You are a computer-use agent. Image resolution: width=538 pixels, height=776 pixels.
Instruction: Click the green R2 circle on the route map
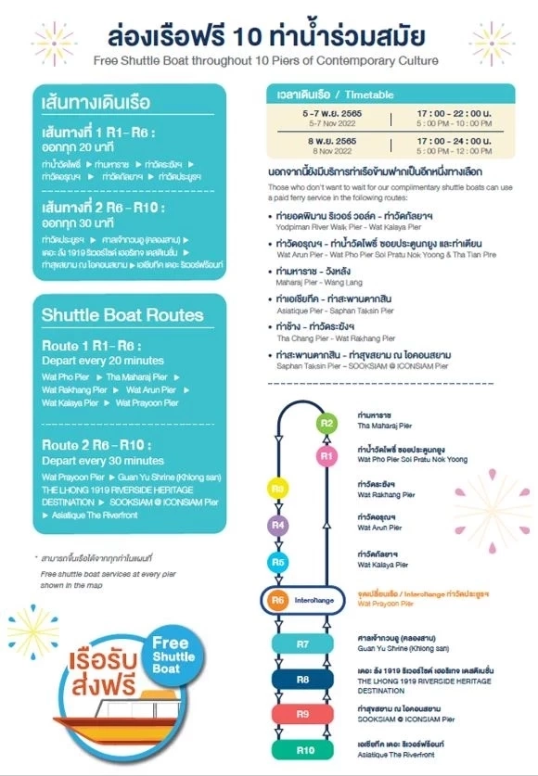(x=327, y=423)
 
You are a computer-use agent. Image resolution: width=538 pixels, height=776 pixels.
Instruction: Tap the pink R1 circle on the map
(x=327, y=455)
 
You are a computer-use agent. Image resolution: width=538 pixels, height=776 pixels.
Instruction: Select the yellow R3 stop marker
(x=277, y=489)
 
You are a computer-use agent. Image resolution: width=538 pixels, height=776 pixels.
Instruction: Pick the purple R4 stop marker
(x=277, y=526)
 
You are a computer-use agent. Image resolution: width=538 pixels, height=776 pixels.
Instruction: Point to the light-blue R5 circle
(x=277, y=562)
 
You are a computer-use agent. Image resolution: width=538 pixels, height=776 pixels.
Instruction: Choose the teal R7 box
(x=302, y=643)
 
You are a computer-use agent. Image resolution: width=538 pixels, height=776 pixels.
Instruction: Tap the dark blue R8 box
(x=302, y=680)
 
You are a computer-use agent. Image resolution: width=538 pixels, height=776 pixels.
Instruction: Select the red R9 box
(x=302, y=714)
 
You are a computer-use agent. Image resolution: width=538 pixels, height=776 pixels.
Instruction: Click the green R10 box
(x=302, y=748)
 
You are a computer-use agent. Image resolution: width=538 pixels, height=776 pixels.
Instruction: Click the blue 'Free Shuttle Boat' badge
(x=170, y=655)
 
